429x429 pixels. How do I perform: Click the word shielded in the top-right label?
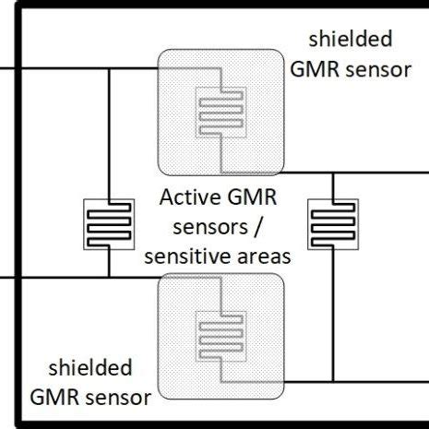pos(351,39)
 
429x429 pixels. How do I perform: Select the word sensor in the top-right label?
pos(375,70)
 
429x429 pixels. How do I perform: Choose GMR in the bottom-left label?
pos(54,399)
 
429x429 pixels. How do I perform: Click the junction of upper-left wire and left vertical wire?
pos(109,69)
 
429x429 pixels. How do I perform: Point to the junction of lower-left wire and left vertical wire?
pos(109,276)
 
